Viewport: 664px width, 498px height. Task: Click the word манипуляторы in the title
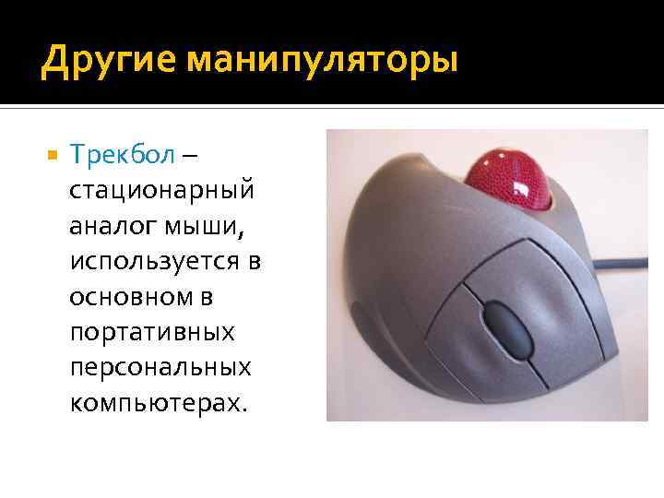pyautogui.click(x=322, y=62)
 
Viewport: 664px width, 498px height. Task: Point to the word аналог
pyautogui.click(x=105, y=226)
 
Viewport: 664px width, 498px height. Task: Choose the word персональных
pyautogui.click(x=160, y=367)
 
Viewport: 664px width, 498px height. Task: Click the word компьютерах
pyautogui.click(x=155, y=402)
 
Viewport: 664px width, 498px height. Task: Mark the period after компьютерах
pyautogui.click(x=244, y=409)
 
